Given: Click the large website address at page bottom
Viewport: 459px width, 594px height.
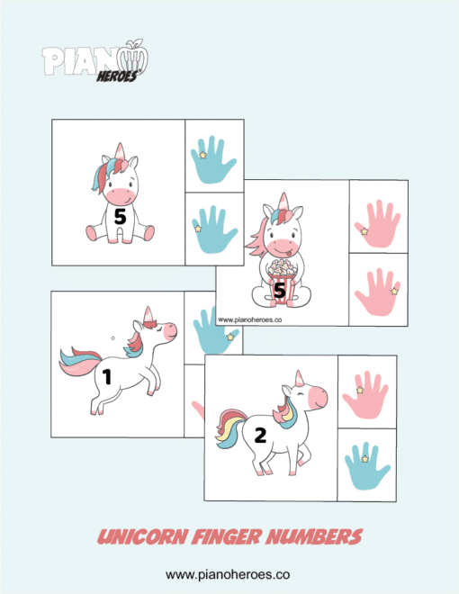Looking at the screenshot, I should click(x=229, y=573).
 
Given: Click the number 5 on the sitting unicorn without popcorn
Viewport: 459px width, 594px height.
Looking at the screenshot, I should click(x=120, y=216).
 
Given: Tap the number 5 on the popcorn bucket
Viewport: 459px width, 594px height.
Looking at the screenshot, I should click(x=280, y=290).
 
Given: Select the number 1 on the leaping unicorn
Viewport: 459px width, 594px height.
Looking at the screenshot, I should click(x=107, y=377).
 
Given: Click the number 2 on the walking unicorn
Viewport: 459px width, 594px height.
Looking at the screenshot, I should click(x=260, y=436).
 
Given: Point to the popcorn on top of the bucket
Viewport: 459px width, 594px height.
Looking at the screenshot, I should click(x=281, y=266).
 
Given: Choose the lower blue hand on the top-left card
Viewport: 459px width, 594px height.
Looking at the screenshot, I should click(x=213, y=229).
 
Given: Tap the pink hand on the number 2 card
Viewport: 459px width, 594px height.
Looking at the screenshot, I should click(x=366, y=392).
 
